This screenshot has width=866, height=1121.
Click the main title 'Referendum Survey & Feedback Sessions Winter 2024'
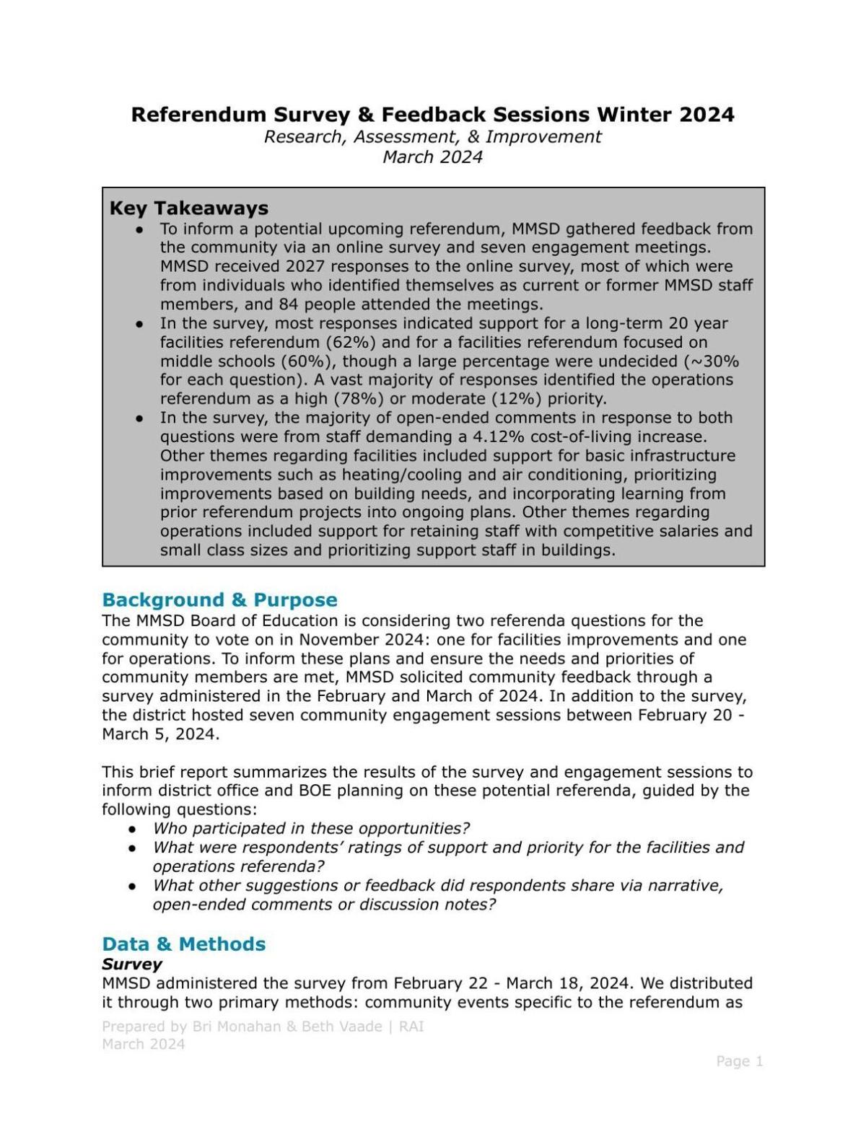(432, 115)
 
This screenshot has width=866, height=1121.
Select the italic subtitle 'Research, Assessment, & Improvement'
(432, 137)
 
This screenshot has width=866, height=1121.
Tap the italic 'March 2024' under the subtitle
(432, 157)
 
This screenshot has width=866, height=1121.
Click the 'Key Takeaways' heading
(188, 208)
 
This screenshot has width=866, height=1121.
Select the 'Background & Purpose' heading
(219, 600)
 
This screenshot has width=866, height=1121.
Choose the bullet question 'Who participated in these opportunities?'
(311, 828)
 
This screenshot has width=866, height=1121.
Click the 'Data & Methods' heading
(183, 944)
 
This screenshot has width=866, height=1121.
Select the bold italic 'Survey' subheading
(131, 964)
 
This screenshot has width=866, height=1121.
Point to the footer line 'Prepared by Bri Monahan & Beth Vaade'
(242, 1027)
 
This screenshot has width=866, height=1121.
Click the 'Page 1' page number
(739, 1061)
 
